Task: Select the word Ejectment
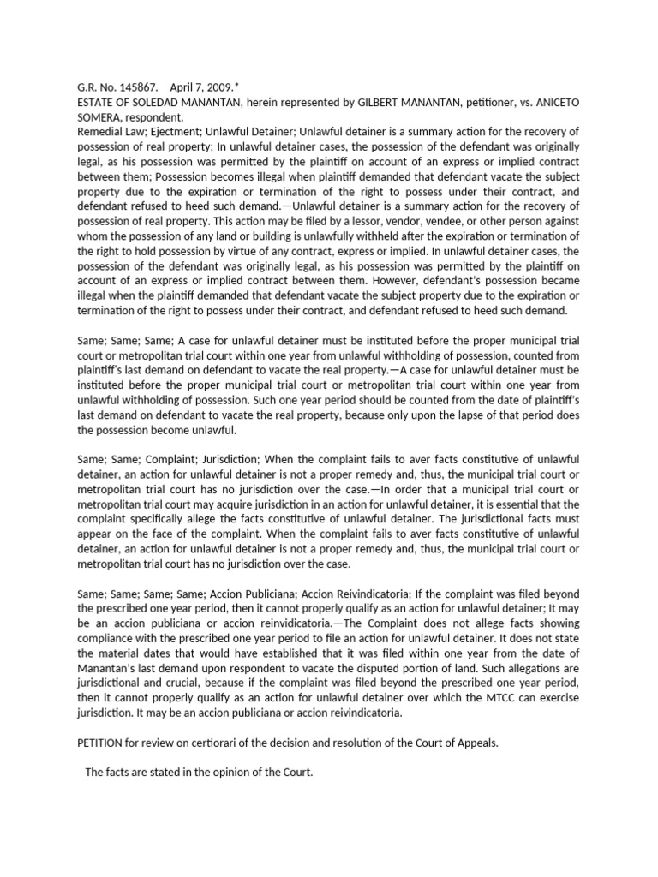click(x=165, y=132)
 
